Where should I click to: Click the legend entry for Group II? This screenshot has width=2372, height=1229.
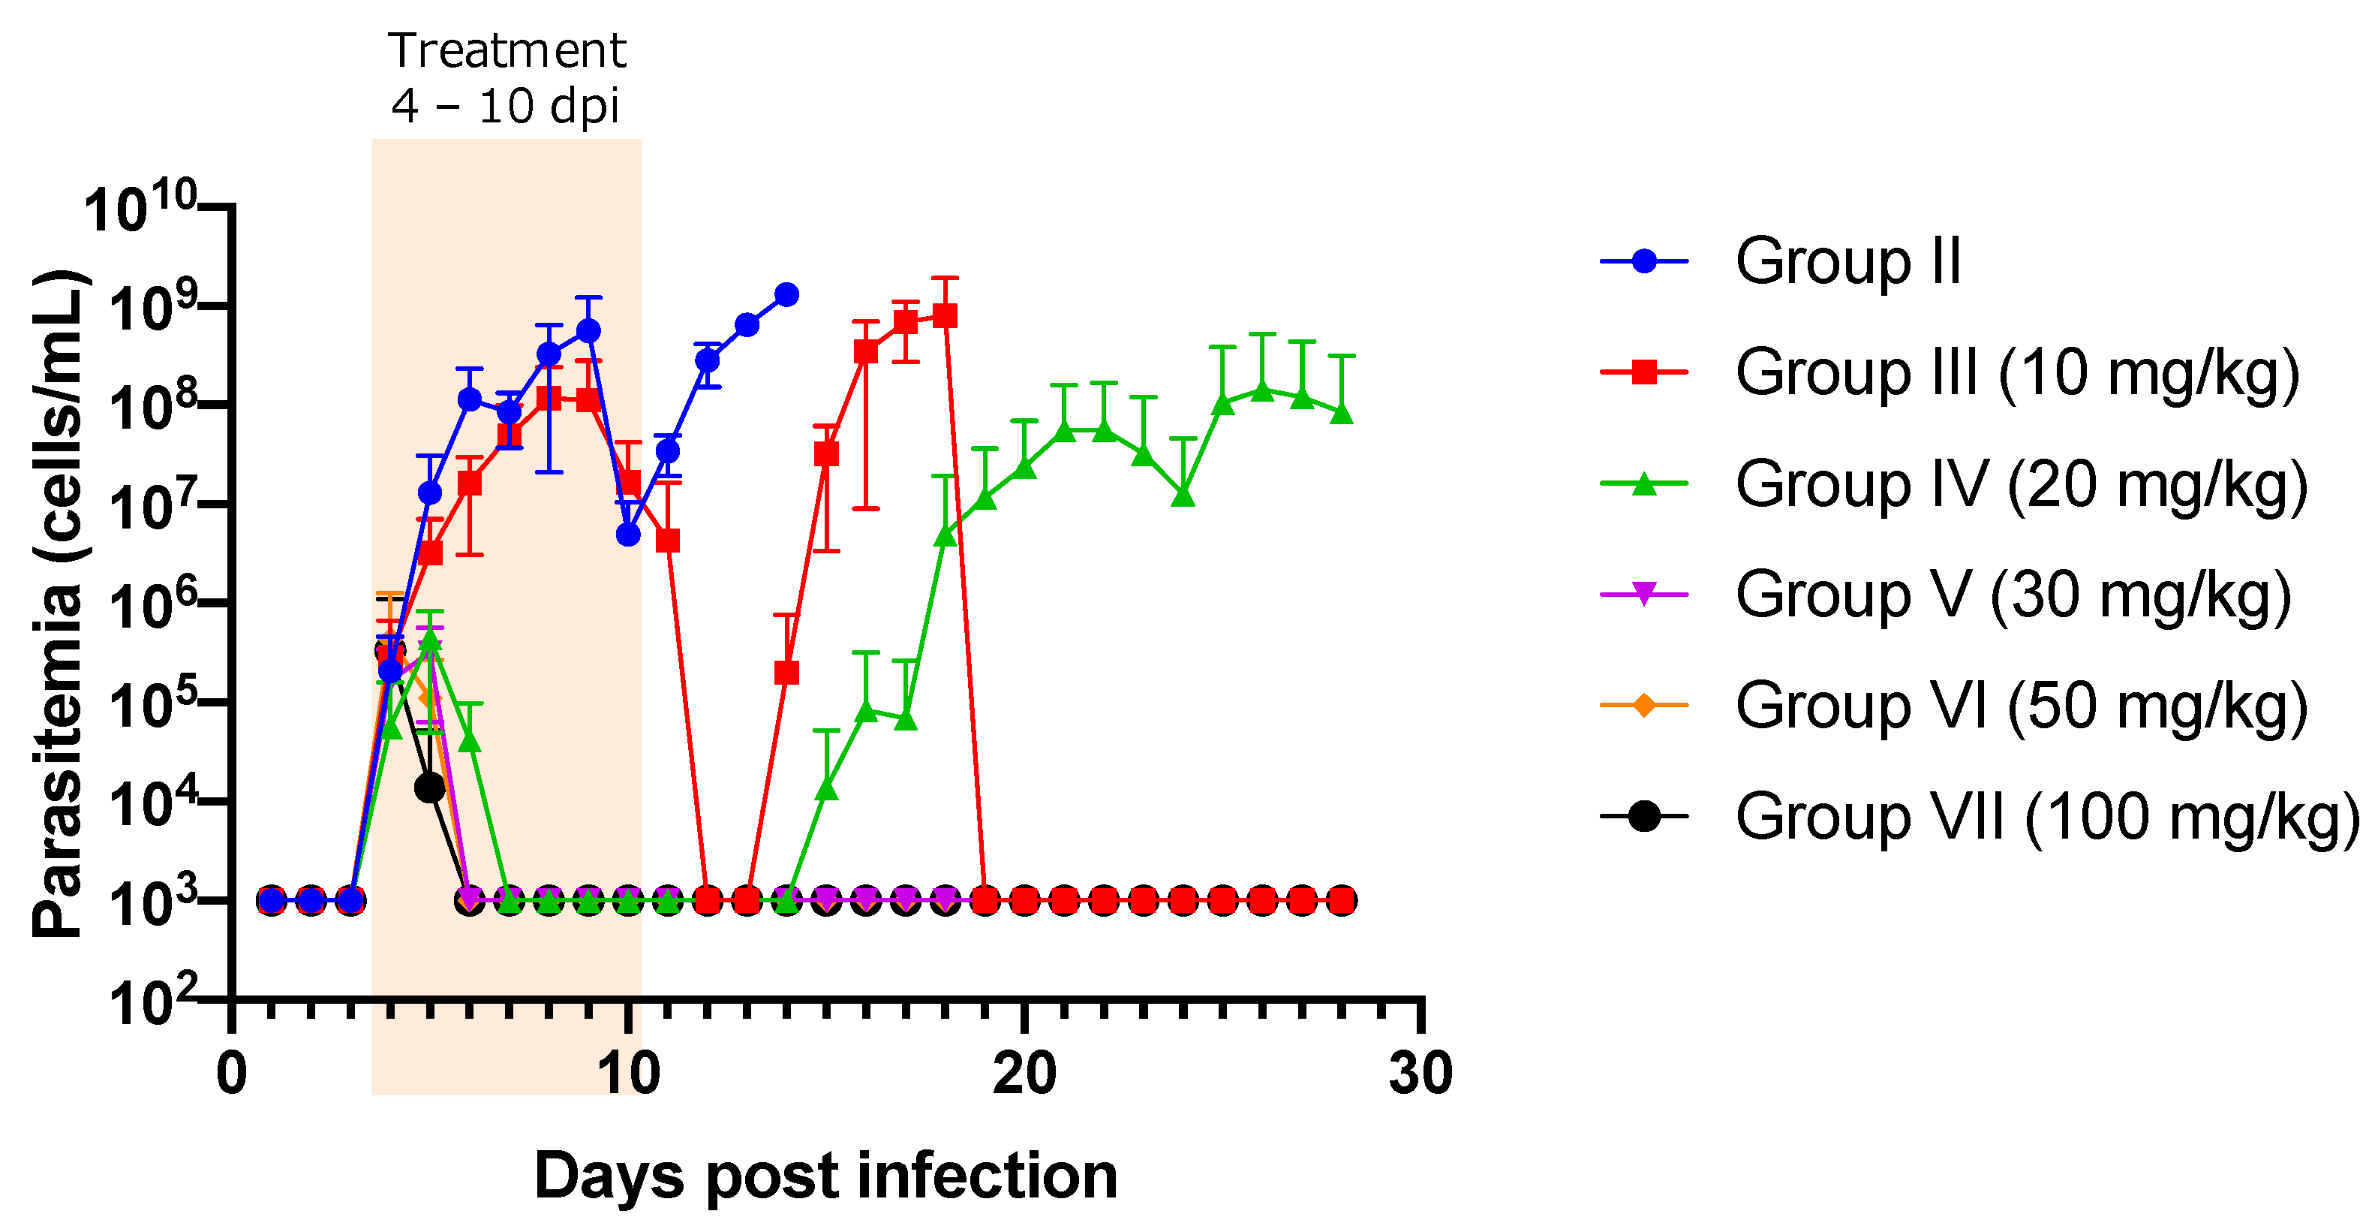point(1848,263)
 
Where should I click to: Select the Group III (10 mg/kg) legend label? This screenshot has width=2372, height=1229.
point(2016,373)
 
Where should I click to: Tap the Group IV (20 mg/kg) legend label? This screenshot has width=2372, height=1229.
point(2021,484)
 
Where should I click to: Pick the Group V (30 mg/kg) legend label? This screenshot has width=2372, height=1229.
point(2013,595)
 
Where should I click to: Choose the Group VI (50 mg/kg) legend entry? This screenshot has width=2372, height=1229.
point(2021,706)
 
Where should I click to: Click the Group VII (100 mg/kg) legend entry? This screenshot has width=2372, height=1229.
point(2046,817)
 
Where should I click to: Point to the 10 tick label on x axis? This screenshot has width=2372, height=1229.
point(628,1074)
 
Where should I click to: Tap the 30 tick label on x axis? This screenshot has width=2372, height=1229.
point(1420,1074)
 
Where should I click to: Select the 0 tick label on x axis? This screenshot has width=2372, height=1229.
point(232,1074)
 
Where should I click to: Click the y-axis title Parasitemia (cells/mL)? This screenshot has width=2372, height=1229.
point(59,604)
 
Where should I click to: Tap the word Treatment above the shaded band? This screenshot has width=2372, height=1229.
point(507,50)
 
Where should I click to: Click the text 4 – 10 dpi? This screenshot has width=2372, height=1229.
point(504,106)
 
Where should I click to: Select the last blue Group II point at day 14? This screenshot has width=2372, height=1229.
point(786,295)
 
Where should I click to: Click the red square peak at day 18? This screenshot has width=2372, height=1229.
point(945,316)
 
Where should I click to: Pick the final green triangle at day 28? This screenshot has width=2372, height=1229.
point(1342,413)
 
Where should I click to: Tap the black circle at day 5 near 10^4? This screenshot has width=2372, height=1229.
point(430,788)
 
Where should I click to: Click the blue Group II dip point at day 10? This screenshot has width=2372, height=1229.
point(628,535)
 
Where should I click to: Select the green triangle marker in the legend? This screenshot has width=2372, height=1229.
point(1643,484)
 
